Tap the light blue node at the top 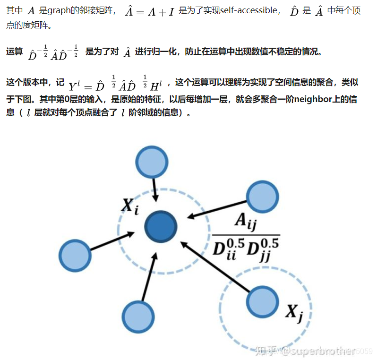[x=152, y=162]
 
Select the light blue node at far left [x=75, y=257]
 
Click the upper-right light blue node [x=263, y=197]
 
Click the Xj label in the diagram [x=294, y=312]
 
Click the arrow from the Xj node [x=215, y=268]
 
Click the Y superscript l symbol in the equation [x=75, y=86]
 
